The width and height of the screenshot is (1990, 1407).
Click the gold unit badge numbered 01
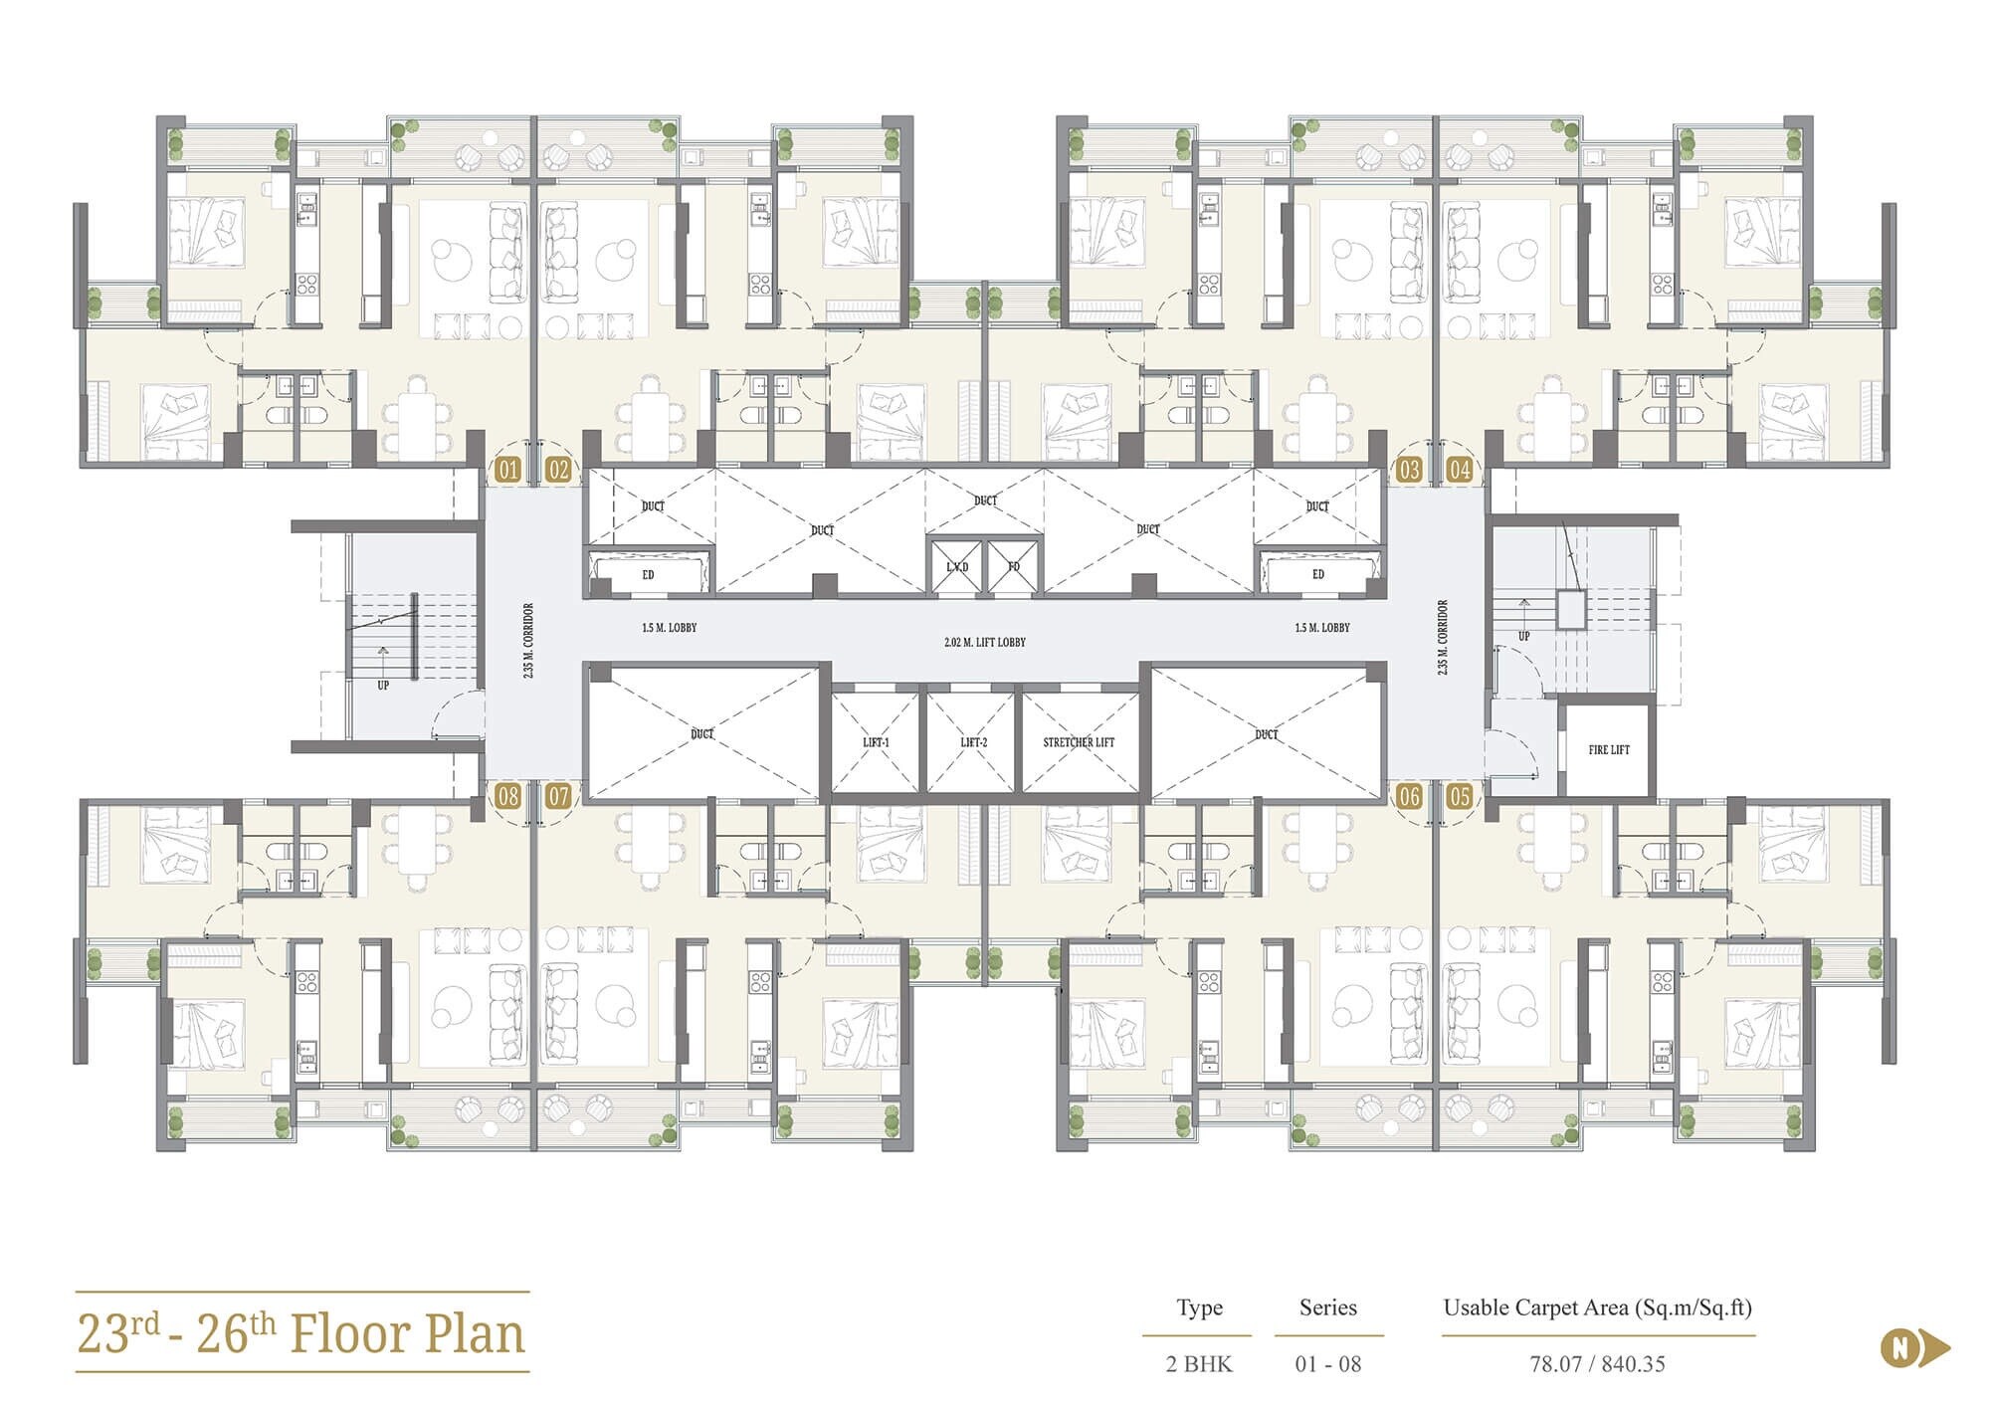pyautogui.click(x=507, y=470)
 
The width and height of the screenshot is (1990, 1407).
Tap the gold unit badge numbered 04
pyautogui.click(x=1459, y=470)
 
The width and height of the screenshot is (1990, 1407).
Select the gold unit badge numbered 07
pyautogui.click(x=558, y=796)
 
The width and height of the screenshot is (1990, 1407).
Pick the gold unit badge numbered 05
pyautogui.click(x=1459, y=796)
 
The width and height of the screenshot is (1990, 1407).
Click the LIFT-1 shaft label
pyautogui.click(x=876, y=742)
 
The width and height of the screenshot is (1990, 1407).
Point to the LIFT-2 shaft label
pyautogui.click(x=973, y=742)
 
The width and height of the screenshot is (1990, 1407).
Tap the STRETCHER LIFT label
pyautogui.click(x=1079, y=742)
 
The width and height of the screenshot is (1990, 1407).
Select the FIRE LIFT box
pyautogui.click(x=1608, y=749)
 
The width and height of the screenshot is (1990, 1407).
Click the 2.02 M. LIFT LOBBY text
pyautogui.click(x=985, y=643)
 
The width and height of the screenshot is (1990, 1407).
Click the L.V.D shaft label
pyautogui.click(x=956, y=567)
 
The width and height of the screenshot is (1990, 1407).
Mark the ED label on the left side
pyautogui.click(x=648, y=575)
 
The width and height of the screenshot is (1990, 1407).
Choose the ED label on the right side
pyautogui.click(x=1317, y=575)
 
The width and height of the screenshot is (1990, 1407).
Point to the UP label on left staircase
pyautogui.click(x=383, y=685)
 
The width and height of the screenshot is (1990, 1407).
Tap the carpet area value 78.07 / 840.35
pyautogui.click(x=1597, y=1364)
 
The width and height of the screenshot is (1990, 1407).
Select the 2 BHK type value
pyautogui.click(x=1199, y=1364)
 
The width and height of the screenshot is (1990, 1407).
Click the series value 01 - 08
pyautogui.click(x=1327, y=1364)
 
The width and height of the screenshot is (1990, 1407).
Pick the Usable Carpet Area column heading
pyautogui.click(x=1597, y=1307)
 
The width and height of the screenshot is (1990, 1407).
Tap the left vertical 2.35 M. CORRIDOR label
pyautogui.click(x=528, y=640)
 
